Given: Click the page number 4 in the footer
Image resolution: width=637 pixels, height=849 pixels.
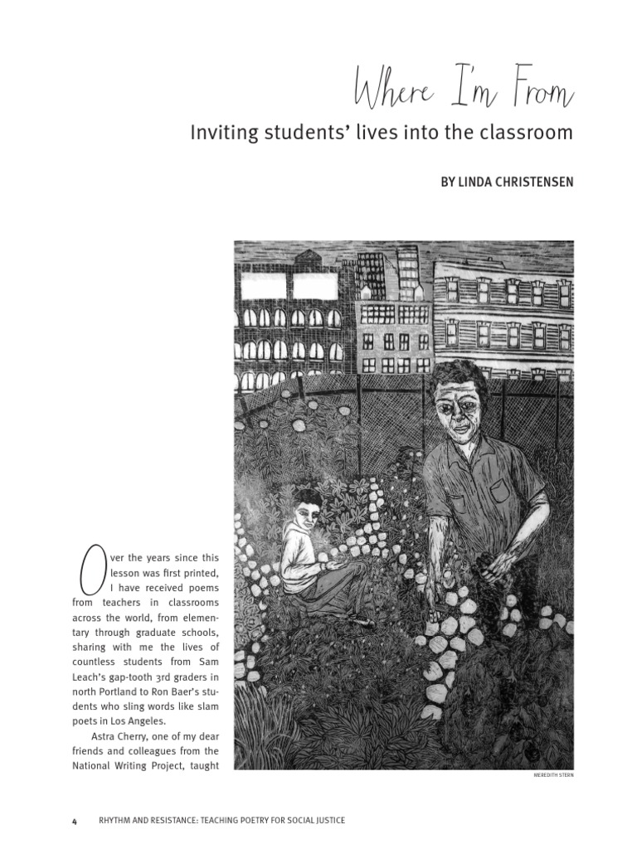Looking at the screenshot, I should pos(74,820).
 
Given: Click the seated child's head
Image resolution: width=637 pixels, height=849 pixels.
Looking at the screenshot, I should pos(307,508).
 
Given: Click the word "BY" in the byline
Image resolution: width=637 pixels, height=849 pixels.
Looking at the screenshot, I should pos(450,182).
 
